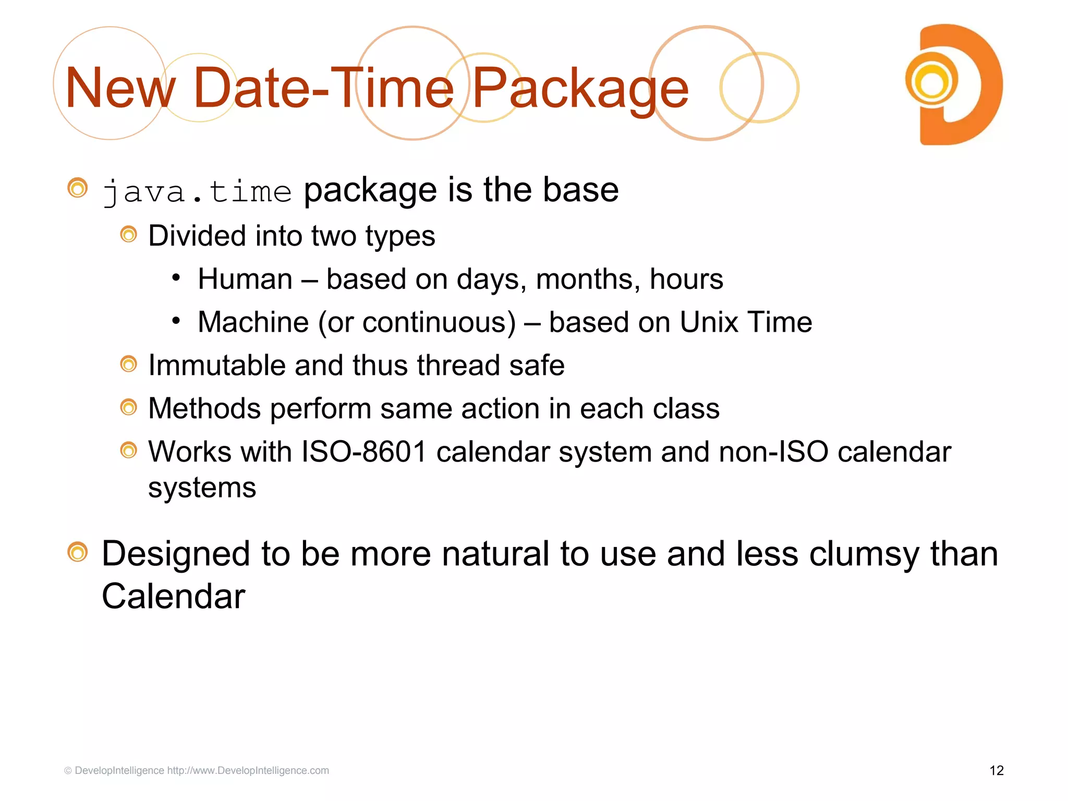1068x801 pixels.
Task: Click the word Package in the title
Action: point(580,89)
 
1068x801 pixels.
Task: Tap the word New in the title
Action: point(120,89)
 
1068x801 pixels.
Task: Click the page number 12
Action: point(996,770)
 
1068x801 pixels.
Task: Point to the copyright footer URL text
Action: point(248,770)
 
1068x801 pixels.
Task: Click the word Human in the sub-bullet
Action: point(245,279)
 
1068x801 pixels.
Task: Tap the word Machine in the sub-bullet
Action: point(253,322)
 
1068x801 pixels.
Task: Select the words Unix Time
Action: point(745,322)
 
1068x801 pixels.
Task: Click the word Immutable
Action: point(216,365)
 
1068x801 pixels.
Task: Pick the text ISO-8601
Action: point(364,452)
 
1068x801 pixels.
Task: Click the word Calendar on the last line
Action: point(173,596)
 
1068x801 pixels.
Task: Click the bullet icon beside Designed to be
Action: point(78,552)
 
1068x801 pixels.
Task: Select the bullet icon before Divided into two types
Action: point(128,235)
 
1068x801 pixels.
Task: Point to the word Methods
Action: point(204,408)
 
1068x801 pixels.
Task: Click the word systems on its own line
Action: point(202,488)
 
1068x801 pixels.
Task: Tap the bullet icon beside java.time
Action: point(78,188)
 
